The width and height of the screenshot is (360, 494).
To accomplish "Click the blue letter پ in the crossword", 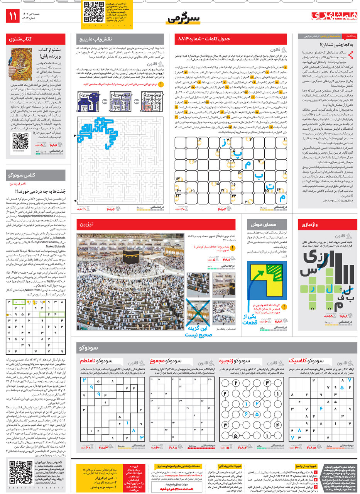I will click(238, 154).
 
